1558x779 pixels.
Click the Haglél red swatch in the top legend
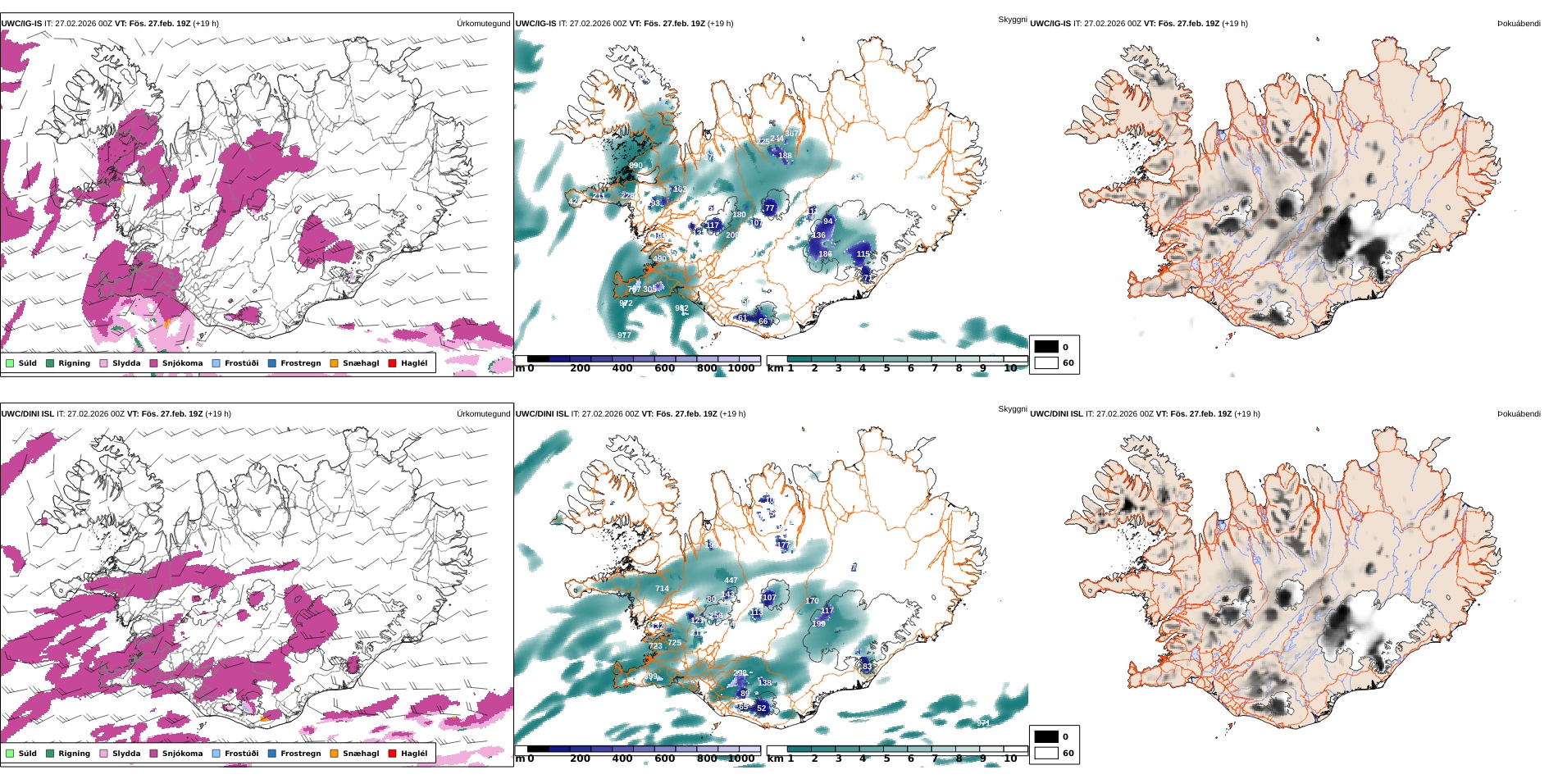tap(392, 363)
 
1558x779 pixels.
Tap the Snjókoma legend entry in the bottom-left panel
tap(182, 754)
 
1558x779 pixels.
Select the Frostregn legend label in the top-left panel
tap(300, 363)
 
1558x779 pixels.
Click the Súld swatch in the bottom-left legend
tap(10, 754)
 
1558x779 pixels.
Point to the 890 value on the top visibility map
tap(635, 166)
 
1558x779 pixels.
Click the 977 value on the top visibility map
tap(624, 335)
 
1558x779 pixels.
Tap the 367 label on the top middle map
tap(792, 134)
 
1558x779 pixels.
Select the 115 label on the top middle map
tap(863, 254)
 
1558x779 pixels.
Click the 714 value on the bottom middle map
tap(662, 589)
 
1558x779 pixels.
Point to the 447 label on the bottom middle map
tap(731, 581)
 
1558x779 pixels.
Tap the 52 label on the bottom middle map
tap(761, 708)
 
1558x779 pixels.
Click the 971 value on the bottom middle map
tap(983, 722)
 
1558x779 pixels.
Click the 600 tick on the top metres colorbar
tap(664, 369)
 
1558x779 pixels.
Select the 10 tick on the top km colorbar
tap(1010, 369)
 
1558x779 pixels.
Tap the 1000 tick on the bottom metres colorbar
tap(741, 759)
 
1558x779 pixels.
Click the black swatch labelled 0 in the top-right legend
tap(1046, 347)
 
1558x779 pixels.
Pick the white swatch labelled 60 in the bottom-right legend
tap(1046, 753)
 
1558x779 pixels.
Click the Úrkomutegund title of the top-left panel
tap(483, 24)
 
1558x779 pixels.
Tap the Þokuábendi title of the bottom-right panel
tap(1519, 414)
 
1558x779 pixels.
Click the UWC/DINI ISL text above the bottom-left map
tap(27, 414)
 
